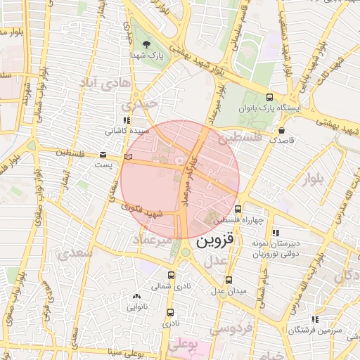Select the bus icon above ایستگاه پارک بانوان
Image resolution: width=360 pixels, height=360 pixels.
tap(270, 98)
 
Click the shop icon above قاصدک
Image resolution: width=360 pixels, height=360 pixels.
tap(281, 130)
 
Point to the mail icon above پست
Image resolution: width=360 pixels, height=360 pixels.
tap(103, 154)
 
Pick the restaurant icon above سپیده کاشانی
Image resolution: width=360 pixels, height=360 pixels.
tap(126, 121)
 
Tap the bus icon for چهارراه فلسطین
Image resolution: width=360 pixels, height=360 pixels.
tap(238, 209)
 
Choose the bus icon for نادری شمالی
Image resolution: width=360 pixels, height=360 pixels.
tap(172, 276)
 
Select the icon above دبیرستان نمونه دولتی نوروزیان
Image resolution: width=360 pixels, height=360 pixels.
tap(276, 233)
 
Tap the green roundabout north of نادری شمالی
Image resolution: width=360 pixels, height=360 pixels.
tap(185, 252)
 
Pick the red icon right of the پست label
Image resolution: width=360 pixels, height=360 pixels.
tap(127, 155)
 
